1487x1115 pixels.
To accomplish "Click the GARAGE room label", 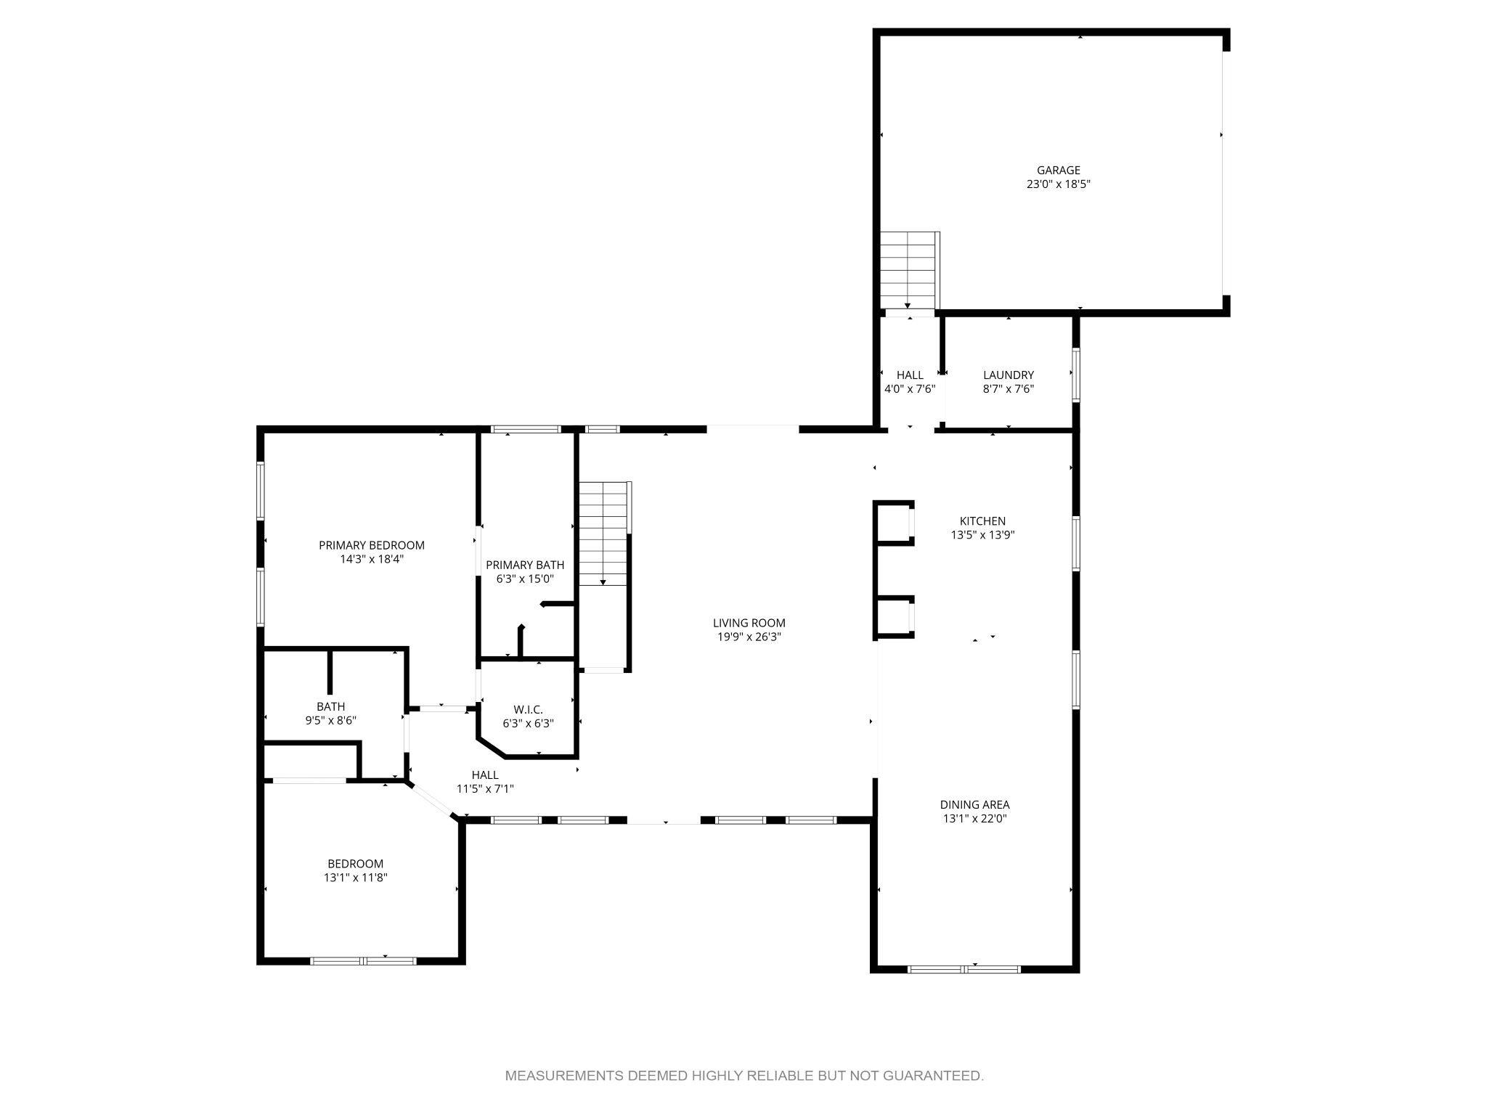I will (1058, 171).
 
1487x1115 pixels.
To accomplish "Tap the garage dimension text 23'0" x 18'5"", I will (1058, 184).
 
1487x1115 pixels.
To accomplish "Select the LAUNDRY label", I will (1008, 375).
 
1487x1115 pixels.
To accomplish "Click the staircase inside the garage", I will (908, 270).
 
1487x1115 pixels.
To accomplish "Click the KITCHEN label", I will (982, 521).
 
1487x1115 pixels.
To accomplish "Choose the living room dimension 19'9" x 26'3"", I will (749, 637).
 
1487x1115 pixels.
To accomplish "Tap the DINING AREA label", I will (974, 804).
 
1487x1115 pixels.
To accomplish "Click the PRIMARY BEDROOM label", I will (372, 545).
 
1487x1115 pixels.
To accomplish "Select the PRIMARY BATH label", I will (525, 565).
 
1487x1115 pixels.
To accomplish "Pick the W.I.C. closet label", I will (528, 709).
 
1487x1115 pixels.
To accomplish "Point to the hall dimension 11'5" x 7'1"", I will (485, 789).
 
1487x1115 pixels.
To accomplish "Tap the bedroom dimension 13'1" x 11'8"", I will (355, 877).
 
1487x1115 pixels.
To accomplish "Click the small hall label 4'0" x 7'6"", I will (910, 388).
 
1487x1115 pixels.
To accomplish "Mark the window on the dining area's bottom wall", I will (964, 968).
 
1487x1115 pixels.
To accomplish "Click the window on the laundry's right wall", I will (1076, 375).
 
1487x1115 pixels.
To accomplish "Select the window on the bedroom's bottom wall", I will (363, 961).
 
